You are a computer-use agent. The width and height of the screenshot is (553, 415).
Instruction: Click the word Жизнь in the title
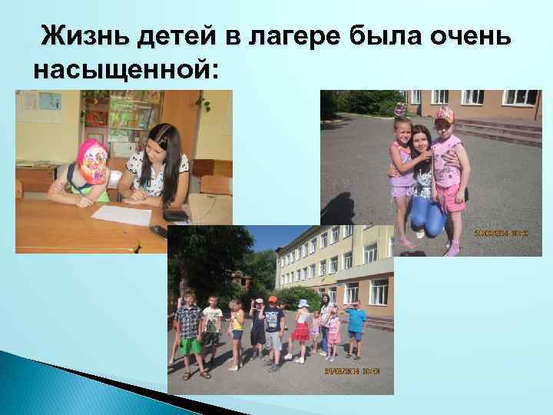pyautogui.click(x=77, y=35)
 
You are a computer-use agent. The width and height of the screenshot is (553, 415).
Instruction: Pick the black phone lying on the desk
pyautogui.click(x=175, y=215)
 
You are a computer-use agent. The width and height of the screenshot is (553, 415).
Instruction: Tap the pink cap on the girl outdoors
pyautogui.click(x=444, y=115)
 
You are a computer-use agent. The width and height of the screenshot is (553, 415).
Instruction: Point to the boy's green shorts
pyautogui.click(x=190, y=346)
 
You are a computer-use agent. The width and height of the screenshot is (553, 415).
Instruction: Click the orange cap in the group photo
pyautogui.click(x=273, y=299)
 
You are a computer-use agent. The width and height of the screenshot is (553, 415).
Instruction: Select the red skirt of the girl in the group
pyautogui.click(x=302, y=332)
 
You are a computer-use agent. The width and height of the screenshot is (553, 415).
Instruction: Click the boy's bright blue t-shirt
pyautogui.click(x=356, y=320)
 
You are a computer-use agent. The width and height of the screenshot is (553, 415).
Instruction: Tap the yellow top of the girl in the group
pyautogui.click(x=239, y=321)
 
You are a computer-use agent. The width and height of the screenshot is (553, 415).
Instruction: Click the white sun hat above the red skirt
pyautogui.click(x=303, y=303)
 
